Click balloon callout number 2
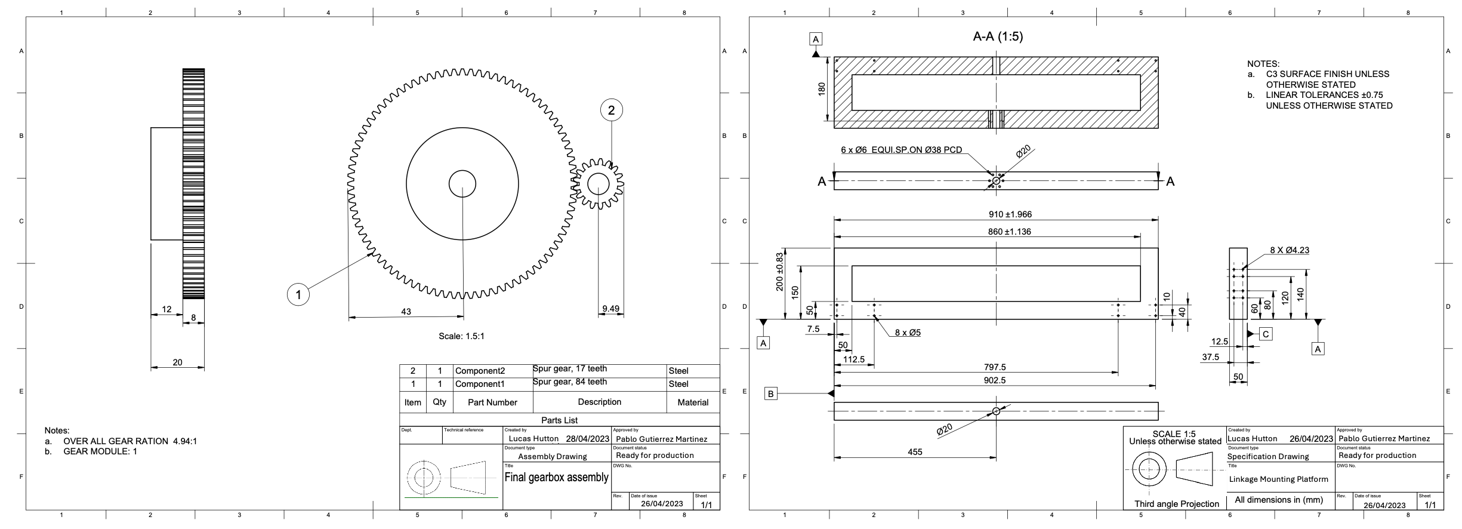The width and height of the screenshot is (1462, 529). tap(611, 110)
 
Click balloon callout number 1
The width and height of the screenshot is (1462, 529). tap(298, 294)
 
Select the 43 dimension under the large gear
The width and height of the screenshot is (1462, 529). tap(406, 312)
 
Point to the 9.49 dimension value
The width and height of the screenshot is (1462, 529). tap(610, 309)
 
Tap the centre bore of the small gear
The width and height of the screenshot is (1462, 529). tap(598, 184)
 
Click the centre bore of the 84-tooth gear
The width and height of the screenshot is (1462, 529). tap(462, 183)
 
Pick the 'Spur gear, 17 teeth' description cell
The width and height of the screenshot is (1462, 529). tap(570, 368)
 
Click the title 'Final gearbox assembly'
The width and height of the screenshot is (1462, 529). tap(556, 477)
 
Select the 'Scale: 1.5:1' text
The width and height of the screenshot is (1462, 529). tap(461, 336)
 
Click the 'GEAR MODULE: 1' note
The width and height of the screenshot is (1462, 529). tap(100, 451)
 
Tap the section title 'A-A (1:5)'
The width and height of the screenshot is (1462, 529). tap(998, 37)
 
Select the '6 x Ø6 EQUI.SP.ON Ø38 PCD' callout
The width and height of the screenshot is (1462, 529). tap(901, 150)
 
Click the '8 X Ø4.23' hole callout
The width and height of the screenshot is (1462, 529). tap(1289, 250)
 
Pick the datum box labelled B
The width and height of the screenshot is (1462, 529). tap(771, 394)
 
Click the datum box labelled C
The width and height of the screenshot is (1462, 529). tap(1266, 334)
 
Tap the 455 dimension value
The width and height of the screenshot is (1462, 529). tap(915, 452)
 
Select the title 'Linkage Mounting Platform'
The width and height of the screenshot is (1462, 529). tap(1278, 479)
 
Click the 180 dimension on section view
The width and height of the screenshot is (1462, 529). tap(822, 89)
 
